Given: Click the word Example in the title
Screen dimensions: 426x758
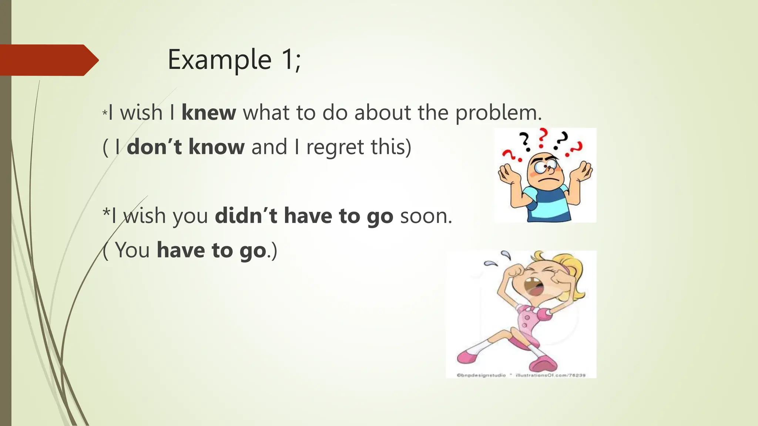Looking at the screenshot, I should click(219, 60).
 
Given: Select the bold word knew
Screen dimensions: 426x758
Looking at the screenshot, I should click(209, 112).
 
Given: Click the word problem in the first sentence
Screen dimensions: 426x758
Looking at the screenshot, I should click(498, 113).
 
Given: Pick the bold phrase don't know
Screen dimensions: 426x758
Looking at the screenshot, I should click(185, 147).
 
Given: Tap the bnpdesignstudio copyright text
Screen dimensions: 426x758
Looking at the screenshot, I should click(481, 375).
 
